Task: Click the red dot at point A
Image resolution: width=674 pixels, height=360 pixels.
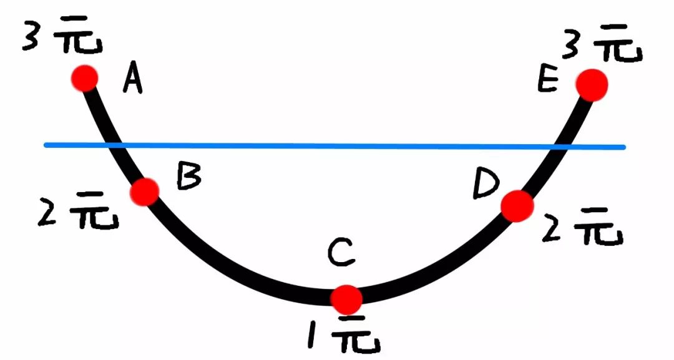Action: coord(85,78)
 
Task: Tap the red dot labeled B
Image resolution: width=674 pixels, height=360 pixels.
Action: coord(144,191)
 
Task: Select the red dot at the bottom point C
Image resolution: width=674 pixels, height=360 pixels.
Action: coord(346,299)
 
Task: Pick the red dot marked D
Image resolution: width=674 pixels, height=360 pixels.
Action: coord(517,207)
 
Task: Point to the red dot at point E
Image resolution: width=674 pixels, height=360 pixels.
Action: coord(592,85)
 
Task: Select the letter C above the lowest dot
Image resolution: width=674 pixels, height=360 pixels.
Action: coord(341,253)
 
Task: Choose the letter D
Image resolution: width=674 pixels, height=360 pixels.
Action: coord(486,184)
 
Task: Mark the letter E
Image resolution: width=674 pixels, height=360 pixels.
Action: coord(548,80)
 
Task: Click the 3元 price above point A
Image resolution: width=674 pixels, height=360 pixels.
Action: coord(63,35)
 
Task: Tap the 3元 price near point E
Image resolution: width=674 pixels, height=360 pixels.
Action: coord(602,43)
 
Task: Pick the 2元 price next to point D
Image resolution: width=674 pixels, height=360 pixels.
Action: coord(582,227)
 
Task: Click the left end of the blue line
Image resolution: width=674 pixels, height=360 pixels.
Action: coord(45,145)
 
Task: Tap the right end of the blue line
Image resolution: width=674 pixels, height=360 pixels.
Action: coord(624,147)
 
